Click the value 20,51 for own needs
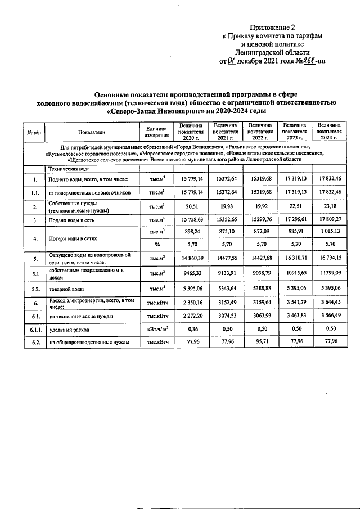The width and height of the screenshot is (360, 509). click(191, 206)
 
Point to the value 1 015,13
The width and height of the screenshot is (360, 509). click(329, 231)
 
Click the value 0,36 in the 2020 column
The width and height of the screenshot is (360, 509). click(191, 330)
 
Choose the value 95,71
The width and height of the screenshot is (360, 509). click(260, 342)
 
